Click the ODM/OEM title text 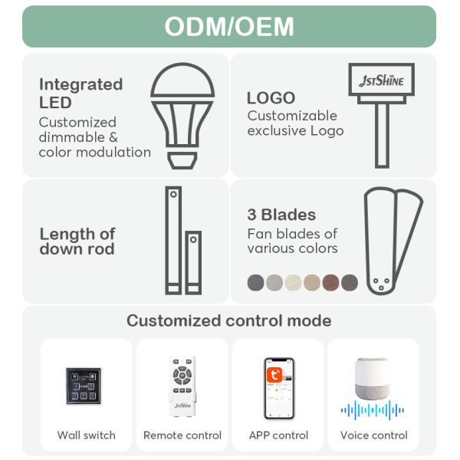pos(229,26)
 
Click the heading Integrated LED pos(80,93)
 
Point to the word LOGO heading pos(271,98)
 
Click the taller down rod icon pos(173,240)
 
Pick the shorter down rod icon pos(193,262)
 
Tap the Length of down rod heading pos(77,241)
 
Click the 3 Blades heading pos(281,215)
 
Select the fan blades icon pos(392,240)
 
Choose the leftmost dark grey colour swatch pos(256,282)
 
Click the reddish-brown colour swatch pos(331,282)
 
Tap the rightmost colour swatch pos(350,282)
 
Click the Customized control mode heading pos(229,320)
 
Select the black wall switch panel pos(83,386)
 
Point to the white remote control pos(182,386)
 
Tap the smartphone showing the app pos(279,388)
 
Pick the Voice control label pos(373,435)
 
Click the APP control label pos(278,435)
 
